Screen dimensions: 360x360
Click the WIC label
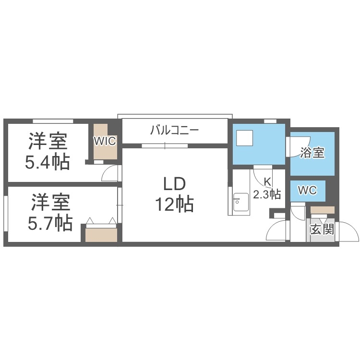pyautogui.click(x=105, y=141)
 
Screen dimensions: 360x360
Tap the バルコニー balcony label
pyautogui.click(x=174, y=130)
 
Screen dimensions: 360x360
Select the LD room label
pyautogui.click(x=174, y=185)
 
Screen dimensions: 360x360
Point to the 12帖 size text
pyautogui.click(x=174, y=205)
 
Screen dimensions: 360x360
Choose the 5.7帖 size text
pyautogui.click(x=49, y=223)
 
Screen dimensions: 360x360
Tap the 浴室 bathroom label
pyautogui.click(x=312, y=153)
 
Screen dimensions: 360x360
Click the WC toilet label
pyautogui.click(x=307, y=191)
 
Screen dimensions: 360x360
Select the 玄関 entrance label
pyautogui.click(x=322, y=229)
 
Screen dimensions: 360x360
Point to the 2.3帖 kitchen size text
pyautogui.click(x=267, y=194)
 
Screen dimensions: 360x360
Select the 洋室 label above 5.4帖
pyautogui.click(x=47, y=142)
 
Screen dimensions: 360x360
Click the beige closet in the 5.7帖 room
pyautogui.click(x=101, y=234)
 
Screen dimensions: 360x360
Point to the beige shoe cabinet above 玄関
pyautogui.click(x=322, y=210)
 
